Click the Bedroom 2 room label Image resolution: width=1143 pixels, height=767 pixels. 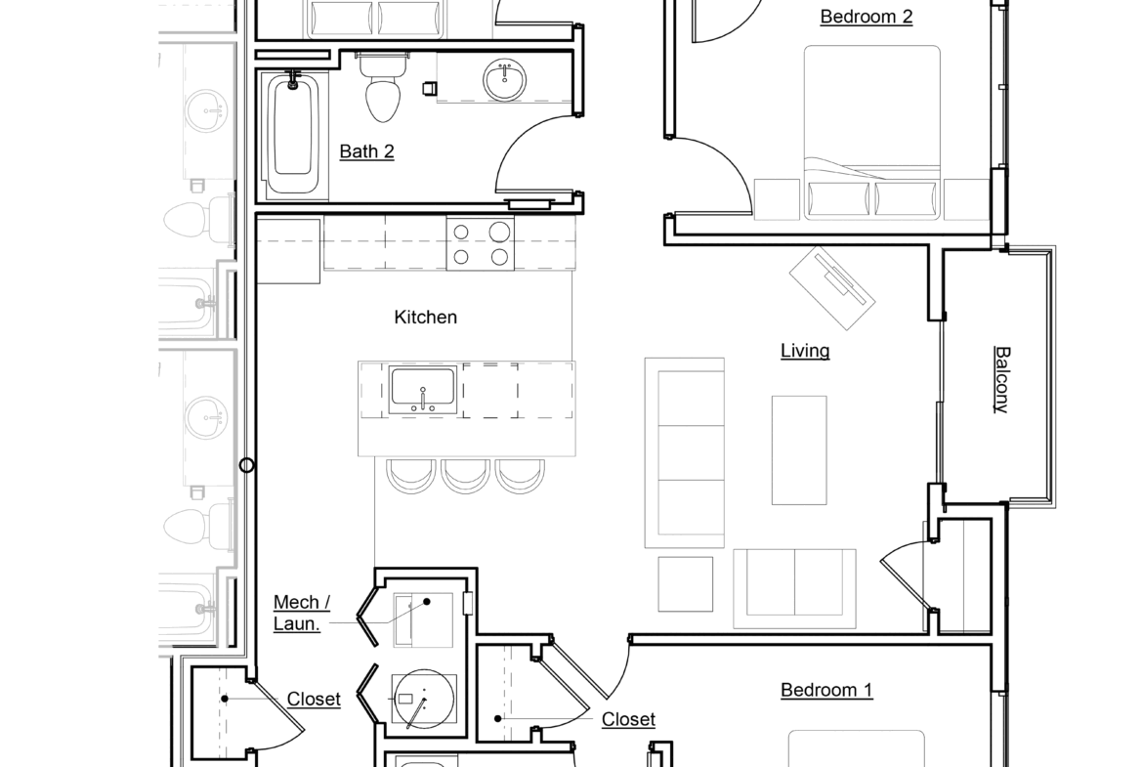[x=866, y=17]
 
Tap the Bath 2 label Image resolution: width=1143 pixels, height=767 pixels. [x=366, y=151]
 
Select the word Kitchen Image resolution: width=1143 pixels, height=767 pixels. [x=426, y=318]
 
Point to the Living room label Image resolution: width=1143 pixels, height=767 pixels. [x=805, y=351]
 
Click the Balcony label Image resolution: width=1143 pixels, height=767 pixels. [x=1002, y=379]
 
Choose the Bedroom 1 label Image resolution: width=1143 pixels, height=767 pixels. [x=825, y=690]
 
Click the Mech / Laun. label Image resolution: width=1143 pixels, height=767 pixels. [x=302, y=613]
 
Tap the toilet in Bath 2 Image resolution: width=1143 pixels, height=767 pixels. [x=383, y=88]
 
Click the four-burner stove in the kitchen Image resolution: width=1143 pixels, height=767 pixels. [x=481, y=243]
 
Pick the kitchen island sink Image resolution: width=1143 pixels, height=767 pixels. [x=423, y=390]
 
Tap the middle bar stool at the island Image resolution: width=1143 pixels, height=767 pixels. [x=465, y=476]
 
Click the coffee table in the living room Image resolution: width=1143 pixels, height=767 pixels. [x=799, y=449]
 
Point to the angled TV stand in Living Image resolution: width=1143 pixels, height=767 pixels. [x=832, y=288]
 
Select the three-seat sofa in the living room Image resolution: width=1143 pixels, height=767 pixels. [x=685, y=452]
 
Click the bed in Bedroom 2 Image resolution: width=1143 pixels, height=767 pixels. [x=871, y=132]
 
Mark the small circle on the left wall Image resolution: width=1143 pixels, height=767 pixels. [x=247, y=465]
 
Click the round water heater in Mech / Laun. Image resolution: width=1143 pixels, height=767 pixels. [x=424, y=700]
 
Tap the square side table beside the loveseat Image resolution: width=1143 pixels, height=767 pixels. [x=685, y=584]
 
